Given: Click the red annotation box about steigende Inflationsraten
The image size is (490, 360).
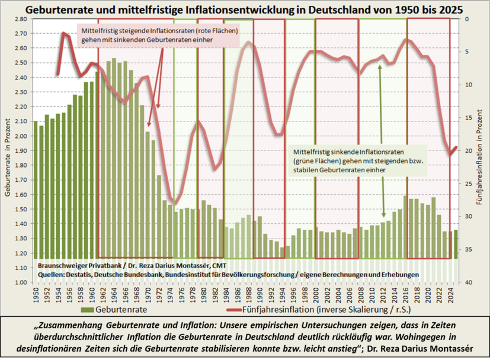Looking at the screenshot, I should tap(158, 35).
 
